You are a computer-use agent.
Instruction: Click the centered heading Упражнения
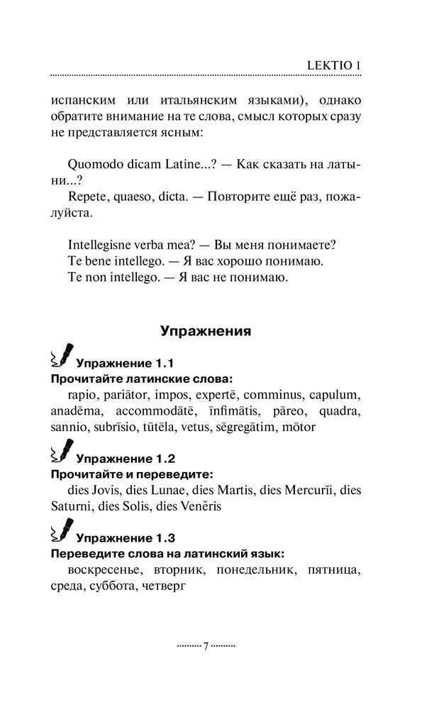tap(205, 330)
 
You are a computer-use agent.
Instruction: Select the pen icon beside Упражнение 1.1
tap(61, 355)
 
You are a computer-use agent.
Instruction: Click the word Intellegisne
tap(103, 245)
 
